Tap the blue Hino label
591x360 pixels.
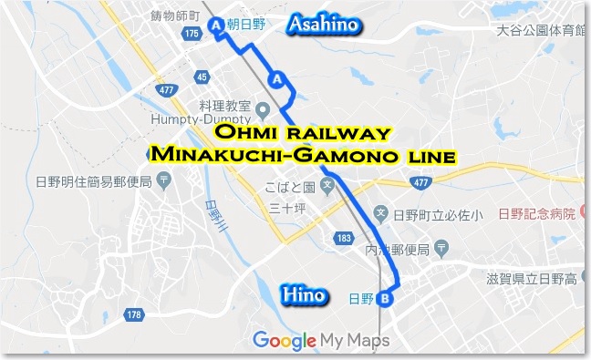point(302,293)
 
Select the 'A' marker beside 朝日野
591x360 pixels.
point(216,26)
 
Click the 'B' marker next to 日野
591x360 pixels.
point(385,298)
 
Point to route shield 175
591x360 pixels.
point(191,34)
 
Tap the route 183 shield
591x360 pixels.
point(343,237)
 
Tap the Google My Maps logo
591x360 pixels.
point(321,340)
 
